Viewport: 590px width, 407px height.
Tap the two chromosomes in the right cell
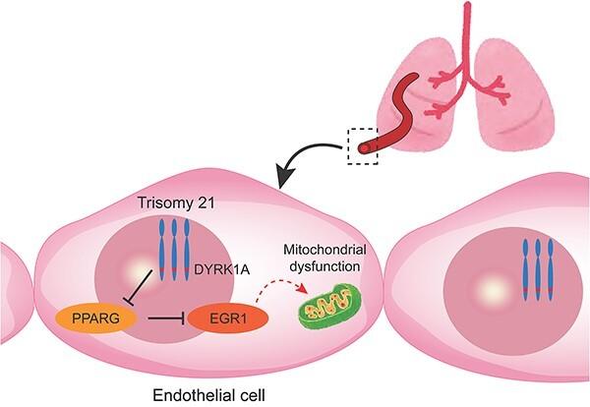[x=537, y=267]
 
